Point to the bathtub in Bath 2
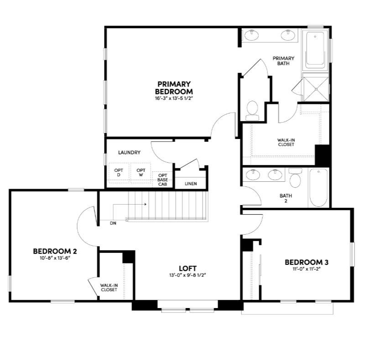[318, 187]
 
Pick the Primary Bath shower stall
[315, 88]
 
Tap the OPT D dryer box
[119, 173]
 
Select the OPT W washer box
[141, 173]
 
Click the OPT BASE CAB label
[162, 180]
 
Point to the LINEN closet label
[191, 184]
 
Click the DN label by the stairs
[113, 224]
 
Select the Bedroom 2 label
[55, 251]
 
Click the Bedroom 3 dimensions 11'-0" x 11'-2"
[307, 269]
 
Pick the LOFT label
[187, 268]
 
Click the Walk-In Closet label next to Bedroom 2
[109, 288]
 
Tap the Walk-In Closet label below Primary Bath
[286, 142]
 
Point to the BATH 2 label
[286, 198]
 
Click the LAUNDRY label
[129, 153]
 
